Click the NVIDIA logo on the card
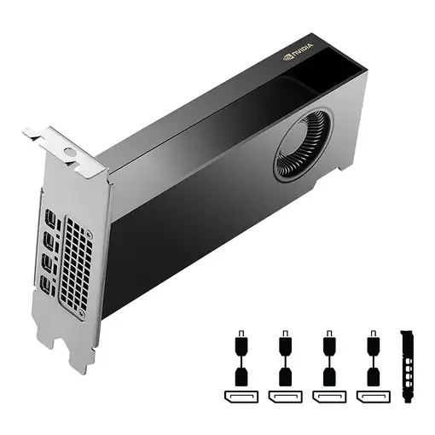click(298, 53)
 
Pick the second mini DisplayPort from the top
click(50, 243)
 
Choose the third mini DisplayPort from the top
click(48, 264)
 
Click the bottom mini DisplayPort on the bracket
click(44, 284)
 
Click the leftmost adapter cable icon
click(241, 359)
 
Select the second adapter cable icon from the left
click(285, 359)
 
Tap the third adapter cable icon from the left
click(328, 359)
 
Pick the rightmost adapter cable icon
click(373, 359)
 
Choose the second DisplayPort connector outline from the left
click(284, 397)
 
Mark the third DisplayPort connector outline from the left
click(328, 397)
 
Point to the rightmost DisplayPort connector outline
click(373, 397)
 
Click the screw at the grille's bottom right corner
click(82, 314)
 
